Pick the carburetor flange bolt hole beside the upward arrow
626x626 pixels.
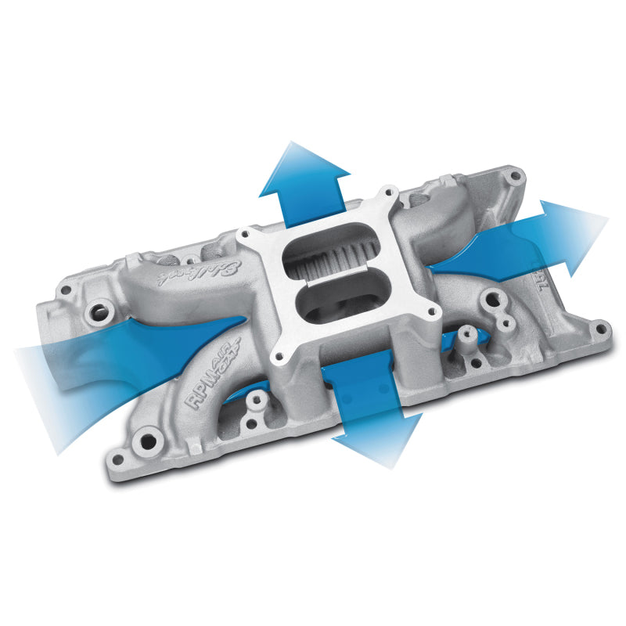(x=385, y=192)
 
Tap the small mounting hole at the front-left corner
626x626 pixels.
(x=117, y=460)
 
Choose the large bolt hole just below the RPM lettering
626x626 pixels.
(x=147, y=432)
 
